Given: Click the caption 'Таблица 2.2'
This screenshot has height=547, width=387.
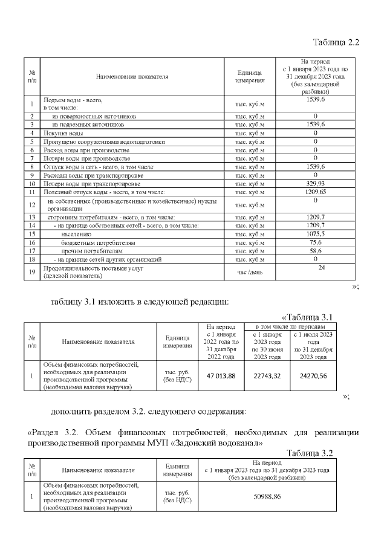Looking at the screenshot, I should [336, 42].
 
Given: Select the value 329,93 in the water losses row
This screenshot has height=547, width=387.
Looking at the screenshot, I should [315, 183].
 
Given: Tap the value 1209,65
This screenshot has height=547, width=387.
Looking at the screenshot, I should [315, 192].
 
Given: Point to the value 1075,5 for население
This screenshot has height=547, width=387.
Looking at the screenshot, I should [315, 233].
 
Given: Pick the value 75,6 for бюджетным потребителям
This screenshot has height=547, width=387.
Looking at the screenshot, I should [315, 242].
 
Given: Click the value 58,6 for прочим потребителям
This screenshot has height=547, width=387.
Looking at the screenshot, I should [315, 250].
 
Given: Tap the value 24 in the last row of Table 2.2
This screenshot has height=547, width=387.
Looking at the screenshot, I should [322, 268].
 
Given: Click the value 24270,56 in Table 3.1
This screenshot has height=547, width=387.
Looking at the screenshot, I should [313, 376].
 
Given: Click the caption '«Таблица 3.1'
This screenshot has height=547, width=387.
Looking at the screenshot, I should [308, 317].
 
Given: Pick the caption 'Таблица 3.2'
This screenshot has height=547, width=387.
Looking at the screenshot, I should [310, 453].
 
